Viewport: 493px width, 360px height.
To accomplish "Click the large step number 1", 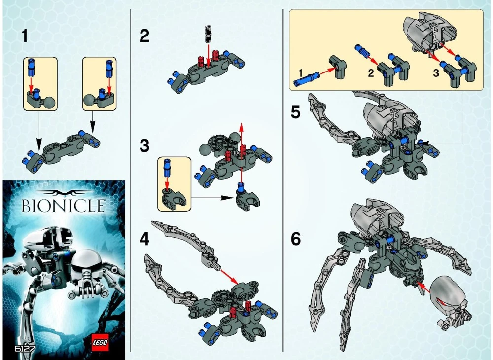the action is point(25,36).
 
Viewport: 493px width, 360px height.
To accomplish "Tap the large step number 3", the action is point(144,145).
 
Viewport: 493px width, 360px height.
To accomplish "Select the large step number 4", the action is point(144,240).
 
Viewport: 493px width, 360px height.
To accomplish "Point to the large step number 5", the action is point(296,112).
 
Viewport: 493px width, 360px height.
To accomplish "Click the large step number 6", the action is point(296,239).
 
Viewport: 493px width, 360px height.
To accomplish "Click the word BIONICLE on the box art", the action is point(63,206).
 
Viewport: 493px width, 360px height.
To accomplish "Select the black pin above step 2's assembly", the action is point(208,33).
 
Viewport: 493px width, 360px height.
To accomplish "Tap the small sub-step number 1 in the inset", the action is point(301,73).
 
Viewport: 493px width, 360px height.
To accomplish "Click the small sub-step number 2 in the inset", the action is point(371,73).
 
